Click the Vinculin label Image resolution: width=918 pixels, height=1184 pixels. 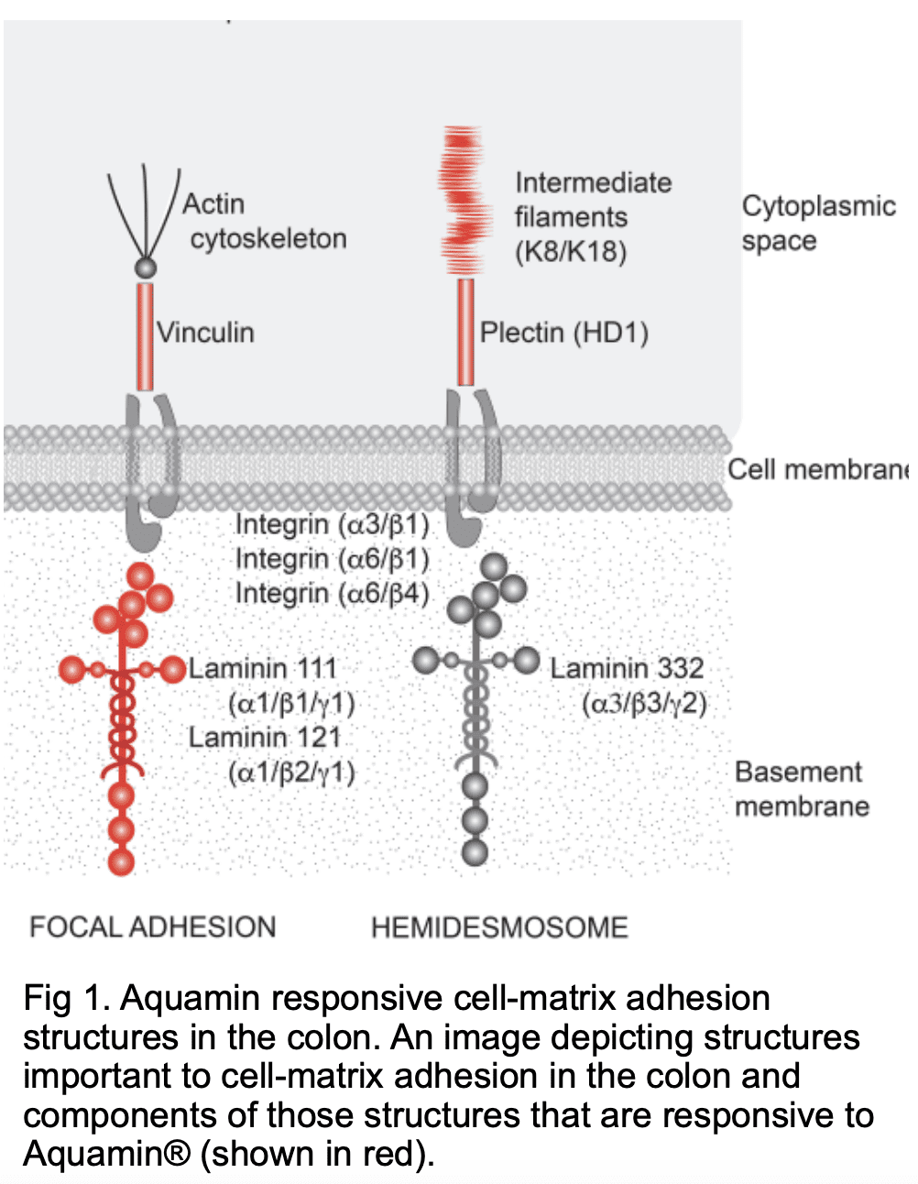[x=205, y=332]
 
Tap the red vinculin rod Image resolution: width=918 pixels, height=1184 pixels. [x=145, y=336]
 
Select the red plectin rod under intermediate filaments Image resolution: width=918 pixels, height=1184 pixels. [x=465, y=332]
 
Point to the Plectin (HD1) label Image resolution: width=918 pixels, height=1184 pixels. [x=563, y=332]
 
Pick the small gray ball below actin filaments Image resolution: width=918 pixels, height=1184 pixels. [x=145, y=268]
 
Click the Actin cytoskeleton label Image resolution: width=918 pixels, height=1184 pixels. [x=264, y=221]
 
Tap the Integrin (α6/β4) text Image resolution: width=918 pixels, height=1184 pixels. [x=332, y=594]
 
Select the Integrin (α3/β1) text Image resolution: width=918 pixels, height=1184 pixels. [x=332, y=524]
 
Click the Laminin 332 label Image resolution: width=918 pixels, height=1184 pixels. [x=627, y=668]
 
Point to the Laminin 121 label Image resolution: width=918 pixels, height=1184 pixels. [x=264, y=737]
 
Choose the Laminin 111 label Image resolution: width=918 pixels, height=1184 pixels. [x=263, y=668]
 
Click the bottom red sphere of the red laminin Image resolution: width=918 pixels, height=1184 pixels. [x=121, y=861]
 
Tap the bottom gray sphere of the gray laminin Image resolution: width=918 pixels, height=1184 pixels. [x=475, y=852]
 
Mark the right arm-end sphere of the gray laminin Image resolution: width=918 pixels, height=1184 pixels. [x=527, y=660]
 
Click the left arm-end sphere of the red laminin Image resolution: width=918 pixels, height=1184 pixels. [x=71, y=670]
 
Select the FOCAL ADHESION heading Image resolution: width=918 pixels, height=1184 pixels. [x=152, y=927]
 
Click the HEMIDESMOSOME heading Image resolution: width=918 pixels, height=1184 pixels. [x=499, y=927]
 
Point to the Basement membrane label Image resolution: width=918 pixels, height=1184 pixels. [x=802, y=789]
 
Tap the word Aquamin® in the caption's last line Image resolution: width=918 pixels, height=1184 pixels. [x=106, y=1153]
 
